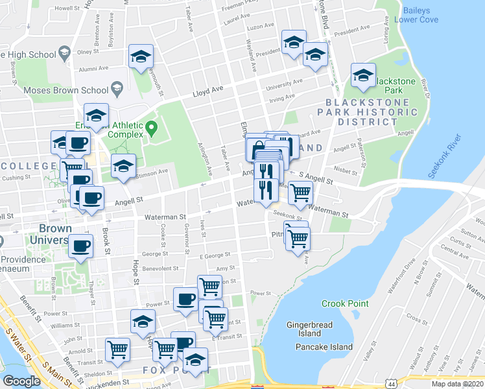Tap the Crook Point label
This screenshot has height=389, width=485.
pos(345,303)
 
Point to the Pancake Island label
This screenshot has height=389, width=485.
pos(324,347)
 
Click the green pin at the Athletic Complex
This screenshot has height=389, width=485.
pos(151,126)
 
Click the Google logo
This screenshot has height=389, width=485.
pos(21,381)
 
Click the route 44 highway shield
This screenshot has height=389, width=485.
pos(392,384)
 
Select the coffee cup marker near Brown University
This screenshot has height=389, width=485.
pos(81,246)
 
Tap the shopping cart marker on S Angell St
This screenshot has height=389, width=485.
pos(300,192)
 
